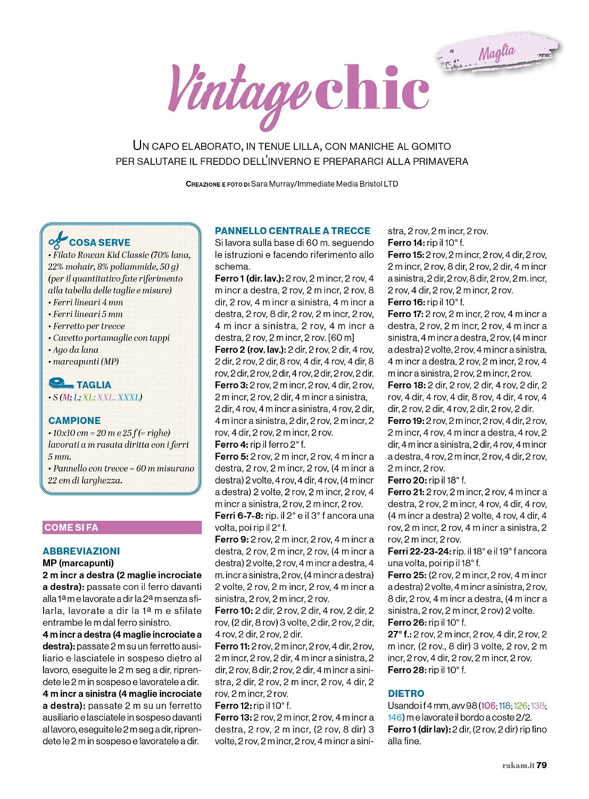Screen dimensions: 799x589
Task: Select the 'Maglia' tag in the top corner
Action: (497, 53)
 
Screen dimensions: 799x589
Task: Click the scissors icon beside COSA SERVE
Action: (57, 240)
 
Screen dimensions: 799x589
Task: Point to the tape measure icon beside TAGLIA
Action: (61, 384)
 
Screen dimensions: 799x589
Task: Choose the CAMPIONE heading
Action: (74, 420)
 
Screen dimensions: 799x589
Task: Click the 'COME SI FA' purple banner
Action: (122, 527)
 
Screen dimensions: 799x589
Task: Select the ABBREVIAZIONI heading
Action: (81, 551)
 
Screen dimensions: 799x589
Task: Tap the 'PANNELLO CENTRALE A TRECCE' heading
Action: (293, 231)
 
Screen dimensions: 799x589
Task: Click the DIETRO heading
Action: (406, 694)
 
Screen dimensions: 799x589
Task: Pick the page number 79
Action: (542, 765)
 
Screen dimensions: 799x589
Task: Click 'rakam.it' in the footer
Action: (518, 765)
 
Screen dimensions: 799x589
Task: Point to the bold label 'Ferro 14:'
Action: (406, 243)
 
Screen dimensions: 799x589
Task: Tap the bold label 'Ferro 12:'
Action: (233, 705)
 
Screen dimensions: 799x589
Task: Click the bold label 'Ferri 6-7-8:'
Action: (239, 515)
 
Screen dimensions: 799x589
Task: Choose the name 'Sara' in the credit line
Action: (259, 184)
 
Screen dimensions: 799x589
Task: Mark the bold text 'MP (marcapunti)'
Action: (78, 563)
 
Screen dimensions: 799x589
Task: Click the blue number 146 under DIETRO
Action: (395, 717)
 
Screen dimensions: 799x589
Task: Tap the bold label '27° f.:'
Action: (399, 634)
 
